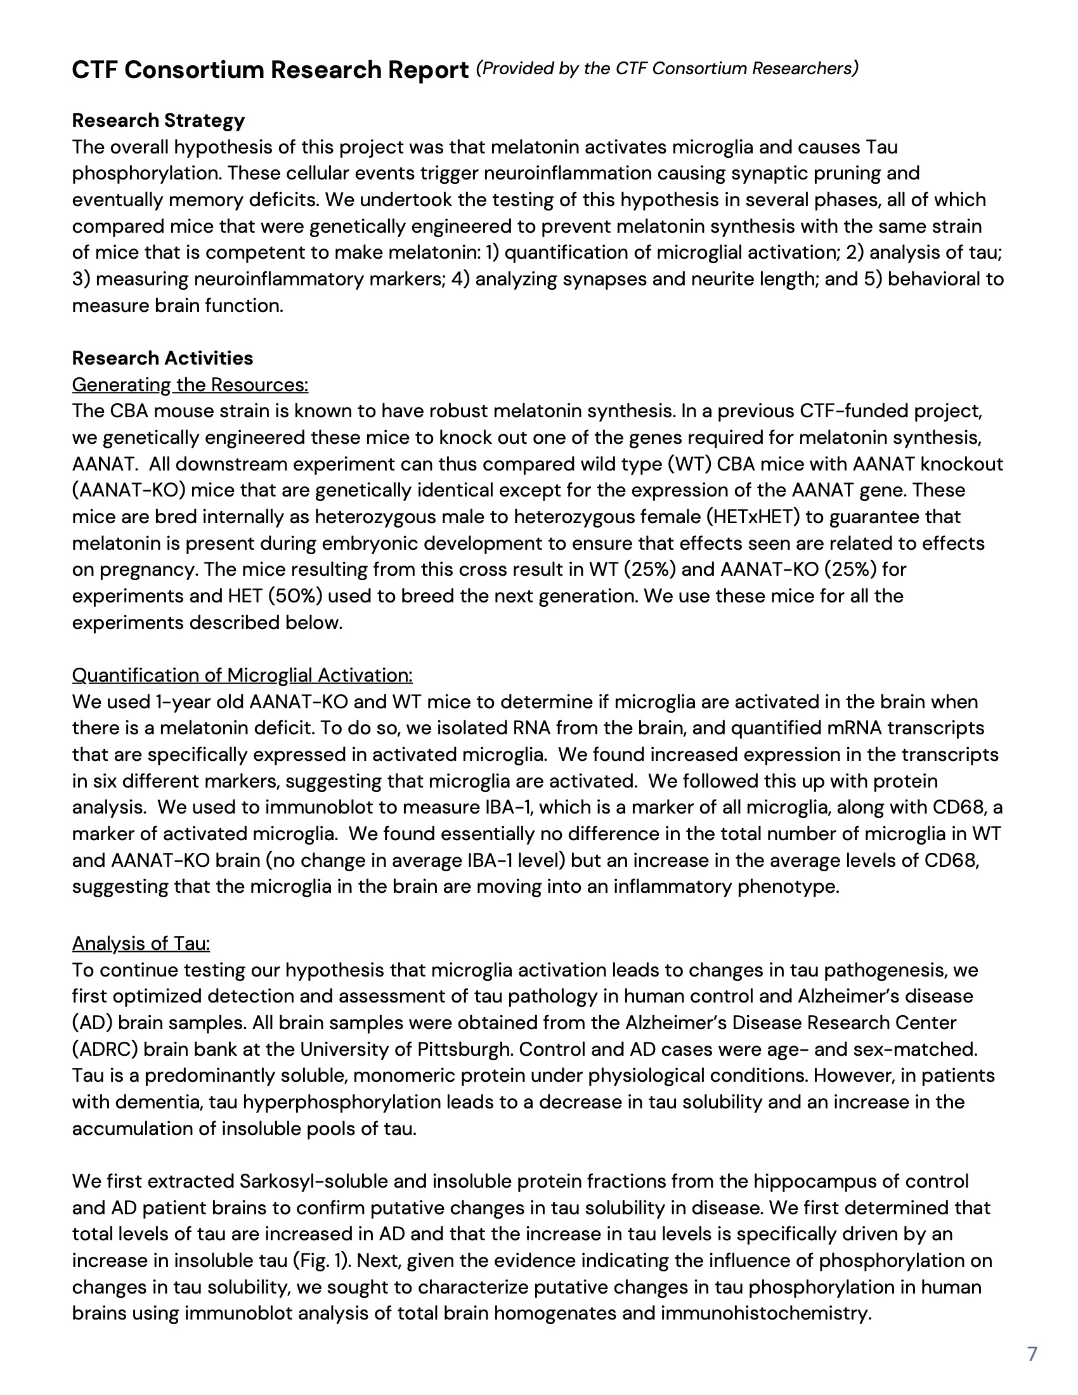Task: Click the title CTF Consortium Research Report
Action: coord(270,70)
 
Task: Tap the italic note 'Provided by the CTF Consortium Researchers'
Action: coord(666,68)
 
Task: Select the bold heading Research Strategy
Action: coord(159,120)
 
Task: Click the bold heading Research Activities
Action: coord(162,358)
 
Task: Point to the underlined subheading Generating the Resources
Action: coord(190,384)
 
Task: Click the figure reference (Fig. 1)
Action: coord(324,1260)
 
